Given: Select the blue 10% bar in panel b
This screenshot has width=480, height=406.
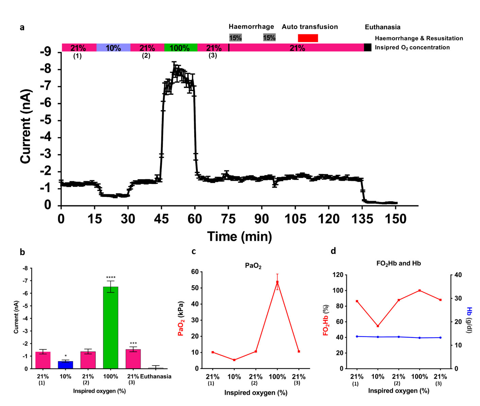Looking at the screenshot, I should (65, 365).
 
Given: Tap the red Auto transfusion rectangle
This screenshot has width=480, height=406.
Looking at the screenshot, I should (308, 38).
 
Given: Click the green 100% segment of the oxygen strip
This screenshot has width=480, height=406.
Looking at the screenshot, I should (181, 48).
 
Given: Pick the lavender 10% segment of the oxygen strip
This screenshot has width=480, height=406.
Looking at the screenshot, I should (113, 48).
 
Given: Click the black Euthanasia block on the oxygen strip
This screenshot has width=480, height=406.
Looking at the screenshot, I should (367, 48).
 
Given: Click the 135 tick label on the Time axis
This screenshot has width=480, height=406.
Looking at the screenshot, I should (362, 219).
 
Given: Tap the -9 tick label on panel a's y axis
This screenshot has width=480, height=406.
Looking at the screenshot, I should (45, 52).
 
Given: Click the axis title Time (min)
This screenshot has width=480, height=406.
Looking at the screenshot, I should (240, 236).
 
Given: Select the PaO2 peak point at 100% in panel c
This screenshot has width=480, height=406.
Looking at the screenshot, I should (277, 282).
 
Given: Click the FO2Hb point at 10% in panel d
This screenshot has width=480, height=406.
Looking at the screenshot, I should (378, 326).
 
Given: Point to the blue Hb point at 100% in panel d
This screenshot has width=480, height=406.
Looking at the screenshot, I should (419, 338).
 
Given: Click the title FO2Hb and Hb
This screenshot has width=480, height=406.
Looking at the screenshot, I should (398, 263).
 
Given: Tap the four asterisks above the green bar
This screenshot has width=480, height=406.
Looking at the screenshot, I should (110, 277).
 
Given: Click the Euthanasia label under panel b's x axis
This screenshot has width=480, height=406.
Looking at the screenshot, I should (156, 376).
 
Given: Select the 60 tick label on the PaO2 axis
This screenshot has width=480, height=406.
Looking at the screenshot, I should (195, 272).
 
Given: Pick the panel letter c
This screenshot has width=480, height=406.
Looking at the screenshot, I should (193, 251).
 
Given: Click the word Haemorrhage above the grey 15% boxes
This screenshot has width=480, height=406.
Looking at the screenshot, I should (251, 27).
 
